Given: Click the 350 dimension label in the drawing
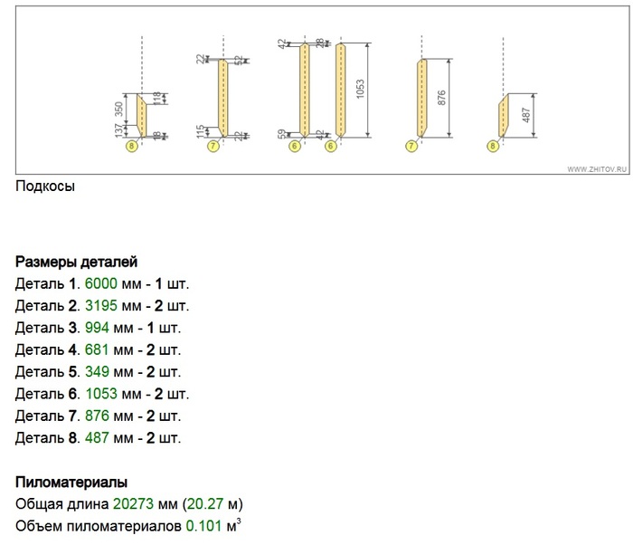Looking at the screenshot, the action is (118, 109).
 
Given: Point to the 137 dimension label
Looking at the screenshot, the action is (118, 130).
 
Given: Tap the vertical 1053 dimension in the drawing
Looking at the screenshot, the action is (360, 90).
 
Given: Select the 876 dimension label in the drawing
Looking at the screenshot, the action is (441, 99).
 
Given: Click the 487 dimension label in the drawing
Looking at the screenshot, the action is (525, 115).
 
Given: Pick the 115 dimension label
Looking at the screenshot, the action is (200, 132).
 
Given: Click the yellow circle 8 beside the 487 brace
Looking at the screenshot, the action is (493, 146).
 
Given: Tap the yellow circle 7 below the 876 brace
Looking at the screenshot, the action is (411, 146).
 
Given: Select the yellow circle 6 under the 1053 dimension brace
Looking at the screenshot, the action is (331, 146).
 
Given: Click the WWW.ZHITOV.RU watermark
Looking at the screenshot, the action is (597, 169).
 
